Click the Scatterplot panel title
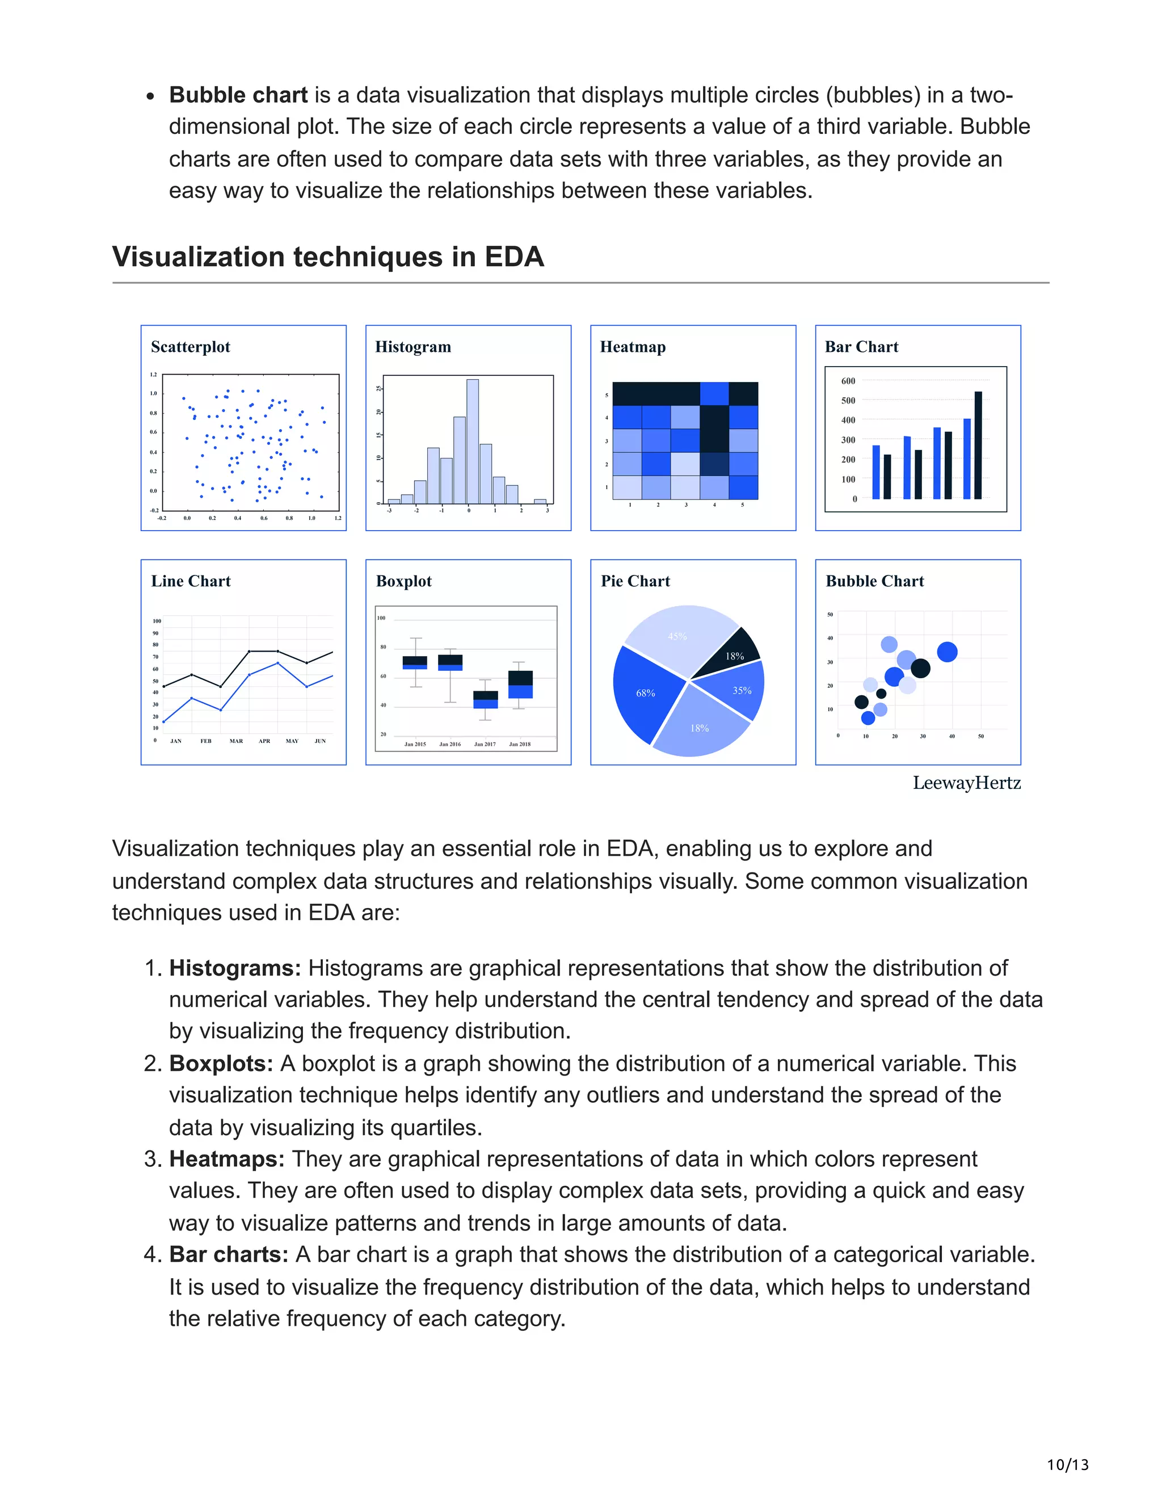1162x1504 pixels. (191, 347)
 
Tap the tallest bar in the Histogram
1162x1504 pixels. (472, 442)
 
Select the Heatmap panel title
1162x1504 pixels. (633, 347)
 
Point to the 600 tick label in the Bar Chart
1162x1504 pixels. (848, 381)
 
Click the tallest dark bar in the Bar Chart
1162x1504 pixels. (978, 445)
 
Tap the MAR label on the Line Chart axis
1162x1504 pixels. (236, 741)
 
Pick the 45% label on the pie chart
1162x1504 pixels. (677, 636)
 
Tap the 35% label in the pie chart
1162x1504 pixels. (742, 690)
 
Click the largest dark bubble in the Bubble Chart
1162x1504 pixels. (920, 667)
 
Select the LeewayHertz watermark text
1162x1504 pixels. (966, 783)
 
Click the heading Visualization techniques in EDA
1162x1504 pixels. (329, 257)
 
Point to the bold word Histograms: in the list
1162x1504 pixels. (235, 968)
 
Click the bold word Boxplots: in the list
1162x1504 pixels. (221, 1064)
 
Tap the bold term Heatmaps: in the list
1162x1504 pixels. (226, 1159)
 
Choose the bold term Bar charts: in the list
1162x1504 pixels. (229, 1255)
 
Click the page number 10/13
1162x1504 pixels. (1068, 1465)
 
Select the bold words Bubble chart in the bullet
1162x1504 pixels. (238, 95)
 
